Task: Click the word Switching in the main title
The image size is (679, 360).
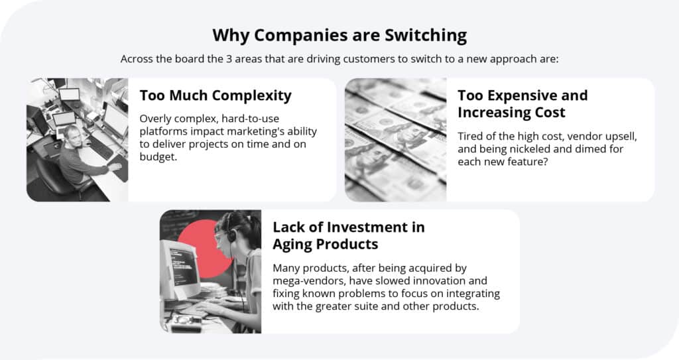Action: pos(426,36)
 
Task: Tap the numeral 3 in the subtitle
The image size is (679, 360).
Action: pos(229,59)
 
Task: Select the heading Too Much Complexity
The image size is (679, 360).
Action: pos(216,96)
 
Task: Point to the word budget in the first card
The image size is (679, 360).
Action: pos(158,157)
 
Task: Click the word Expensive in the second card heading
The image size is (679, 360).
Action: pos(514,95)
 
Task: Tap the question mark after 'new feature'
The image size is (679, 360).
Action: pos(545,162)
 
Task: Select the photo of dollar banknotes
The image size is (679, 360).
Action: pos(395,140)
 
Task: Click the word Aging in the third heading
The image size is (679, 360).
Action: pos(292,245)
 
